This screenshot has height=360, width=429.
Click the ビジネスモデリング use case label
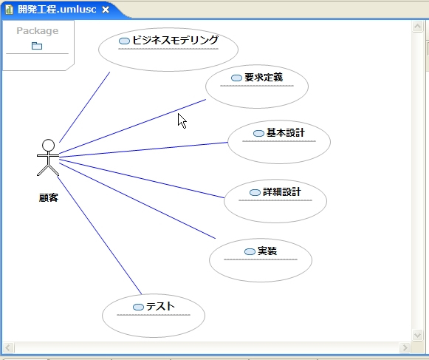[176, 40]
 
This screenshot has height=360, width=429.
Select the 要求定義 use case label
[264, 78]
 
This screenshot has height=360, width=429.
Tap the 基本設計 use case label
[286, 132]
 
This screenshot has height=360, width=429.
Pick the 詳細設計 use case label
[282, 191]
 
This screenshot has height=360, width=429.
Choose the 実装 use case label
[267, 251]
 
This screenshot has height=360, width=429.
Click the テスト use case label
[160, 306]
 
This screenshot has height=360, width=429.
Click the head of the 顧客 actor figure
[49, 145]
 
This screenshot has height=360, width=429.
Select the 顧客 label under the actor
[49, 197]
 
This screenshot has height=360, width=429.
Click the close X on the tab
[106, 10]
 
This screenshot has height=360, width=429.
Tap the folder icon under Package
[37, 46]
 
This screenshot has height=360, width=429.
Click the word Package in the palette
[38, 31]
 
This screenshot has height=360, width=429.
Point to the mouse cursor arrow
[182, 120]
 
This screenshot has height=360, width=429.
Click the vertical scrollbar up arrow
[417, 27]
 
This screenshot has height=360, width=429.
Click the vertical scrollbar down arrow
[417, 335]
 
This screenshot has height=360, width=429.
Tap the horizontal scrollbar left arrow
[8, 348]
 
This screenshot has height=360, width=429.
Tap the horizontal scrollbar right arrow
[405, 348]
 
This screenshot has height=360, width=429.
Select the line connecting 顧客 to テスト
[100, 235]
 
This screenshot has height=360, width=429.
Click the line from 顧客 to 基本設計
[144, 150]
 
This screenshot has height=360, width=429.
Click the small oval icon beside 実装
[250, 251]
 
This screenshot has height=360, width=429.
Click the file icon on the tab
[9, 10]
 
